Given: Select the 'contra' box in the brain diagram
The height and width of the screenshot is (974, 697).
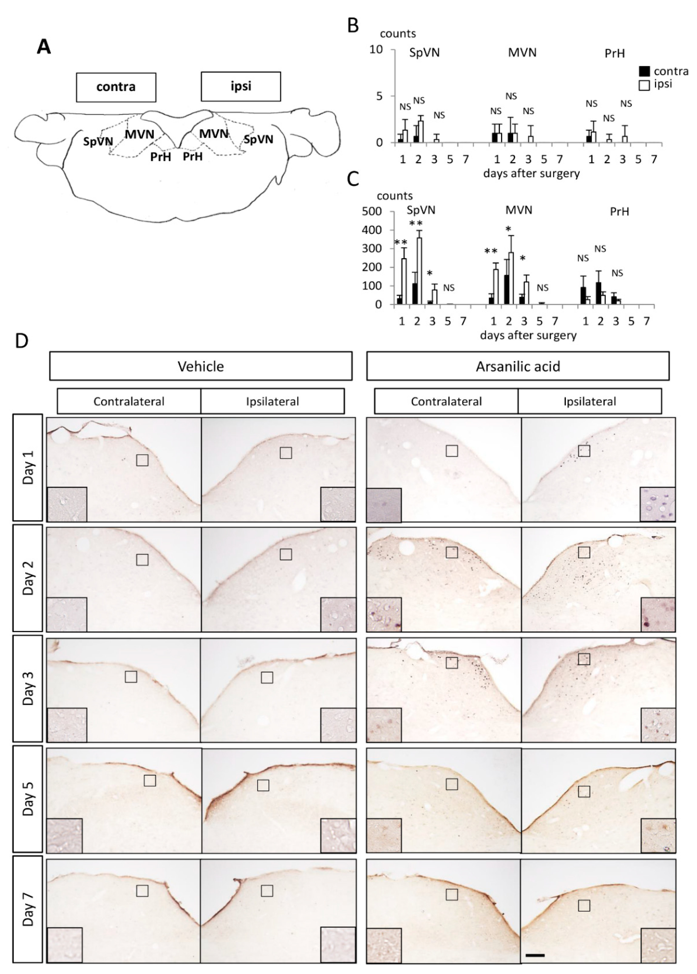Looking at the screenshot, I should (116, 87).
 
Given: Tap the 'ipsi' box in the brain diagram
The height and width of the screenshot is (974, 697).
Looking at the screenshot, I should (241, 86).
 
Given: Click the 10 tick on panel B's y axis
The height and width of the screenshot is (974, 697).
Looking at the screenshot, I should (376, 50).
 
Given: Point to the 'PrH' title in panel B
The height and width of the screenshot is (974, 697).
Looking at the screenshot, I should (615, 54).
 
